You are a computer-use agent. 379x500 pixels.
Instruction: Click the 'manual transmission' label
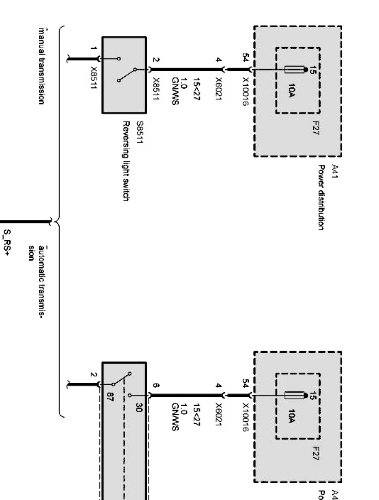click(41, 66)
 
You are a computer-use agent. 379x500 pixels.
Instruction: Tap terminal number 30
click(138, 409)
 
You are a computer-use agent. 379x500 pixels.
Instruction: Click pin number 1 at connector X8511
click(94, 49)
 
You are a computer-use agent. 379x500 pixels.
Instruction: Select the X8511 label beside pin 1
click(94, 77)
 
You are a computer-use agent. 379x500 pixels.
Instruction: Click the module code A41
click(335, 169)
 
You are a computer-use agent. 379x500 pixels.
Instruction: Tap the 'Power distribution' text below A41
click(321, 197)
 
